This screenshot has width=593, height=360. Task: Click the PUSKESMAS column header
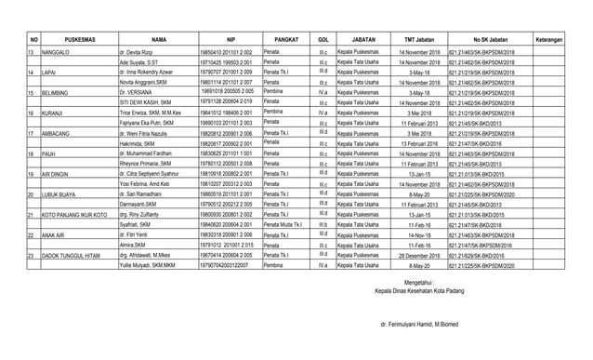coord(72,40)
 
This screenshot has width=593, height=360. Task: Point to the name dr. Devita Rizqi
coord(138,54)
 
